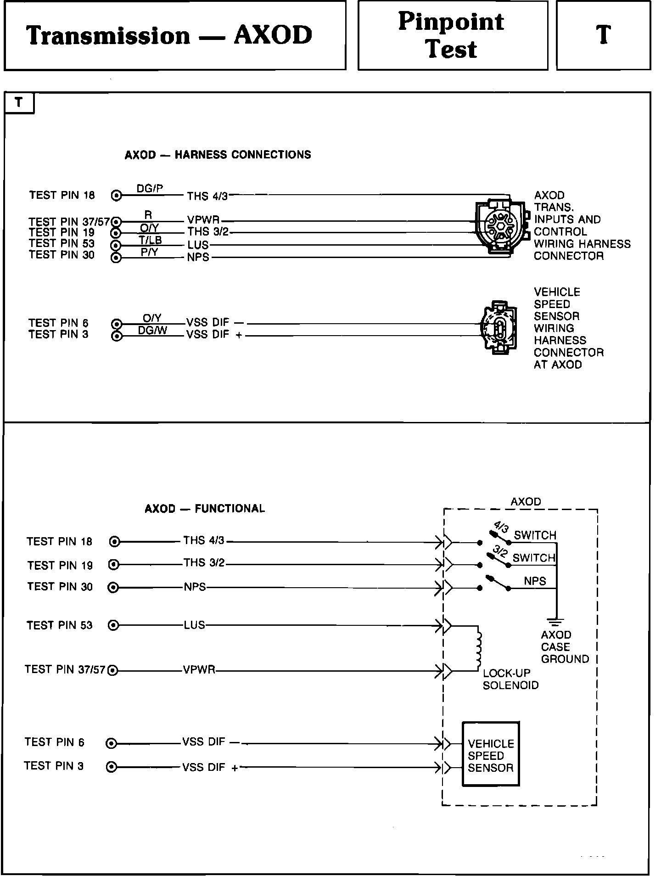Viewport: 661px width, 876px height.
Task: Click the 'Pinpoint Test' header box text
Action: [452, 35]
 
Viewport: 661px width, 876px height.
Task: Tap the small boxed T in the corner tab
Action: [18, 102]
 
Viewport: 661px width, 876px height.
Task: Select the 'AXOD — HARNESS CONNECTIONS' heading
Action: [218, 155]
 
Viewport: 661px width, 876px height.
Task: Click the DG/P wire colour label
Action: [150, 189]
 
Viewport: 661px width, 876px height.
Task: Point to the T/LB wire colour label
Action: [150, 240]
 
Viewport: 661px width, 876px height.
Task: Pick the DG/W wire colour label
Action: [152, 330]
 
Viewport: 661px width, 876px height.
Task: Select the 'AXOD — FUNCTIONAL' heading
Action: [205, 509]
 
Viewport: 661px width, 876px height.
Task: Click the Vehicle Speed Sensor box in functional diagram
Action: [491, 756]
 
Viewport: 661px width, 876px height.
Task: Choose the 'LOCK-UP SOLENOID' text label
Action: [510, 679]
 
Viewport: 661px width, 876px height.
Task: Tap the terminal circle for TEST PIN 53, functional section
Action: [113, 625]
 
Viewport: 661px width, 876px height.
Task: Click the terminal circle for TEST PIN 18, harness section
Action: [117, 196]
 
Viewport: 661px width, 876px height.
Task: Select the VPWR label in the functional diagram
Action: [199, 670]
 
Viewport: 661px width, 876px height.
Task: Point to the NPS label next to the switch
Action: [535, 581]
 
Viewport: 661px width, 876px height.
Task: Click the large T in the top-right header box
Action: [603, 35]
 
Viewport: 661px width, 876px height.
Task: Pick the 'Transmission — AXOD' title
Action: [169, 35]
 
